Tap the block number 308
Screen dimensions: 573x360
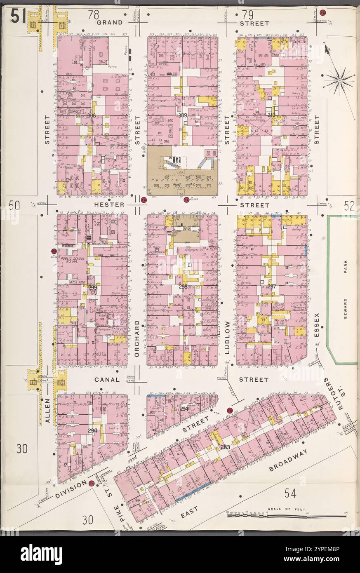92,116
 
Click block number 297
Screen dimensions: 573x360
272,286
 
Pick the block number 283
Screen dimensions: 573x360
225,447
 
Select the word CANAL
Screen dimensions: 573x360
107,380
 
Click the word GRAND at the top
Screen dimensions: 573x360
109,23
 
